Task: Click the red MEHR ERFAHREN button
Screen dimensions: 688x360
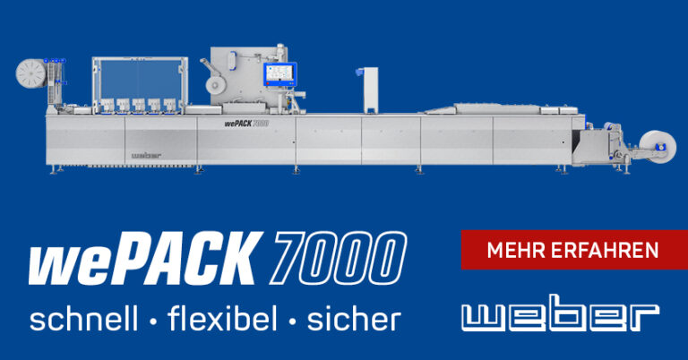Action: pyautogui.click(x=574, y=250)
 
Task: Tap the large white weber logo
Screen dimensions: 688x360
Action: pyautogui.click(x=560, y=313)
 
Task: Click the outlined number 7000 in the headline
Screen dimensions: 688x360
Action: pyautogui.click(x=339, y=258)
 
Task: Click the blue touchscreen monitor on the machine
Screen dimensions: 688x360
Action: pyautogui.click(x=279, y=74)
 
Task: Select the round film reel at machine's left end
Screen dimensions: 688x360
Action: pyautogui.click(x=31, y=73)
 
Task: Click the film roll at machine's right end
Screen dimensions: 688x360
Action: pyautogui.click(x=658, y=147)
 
